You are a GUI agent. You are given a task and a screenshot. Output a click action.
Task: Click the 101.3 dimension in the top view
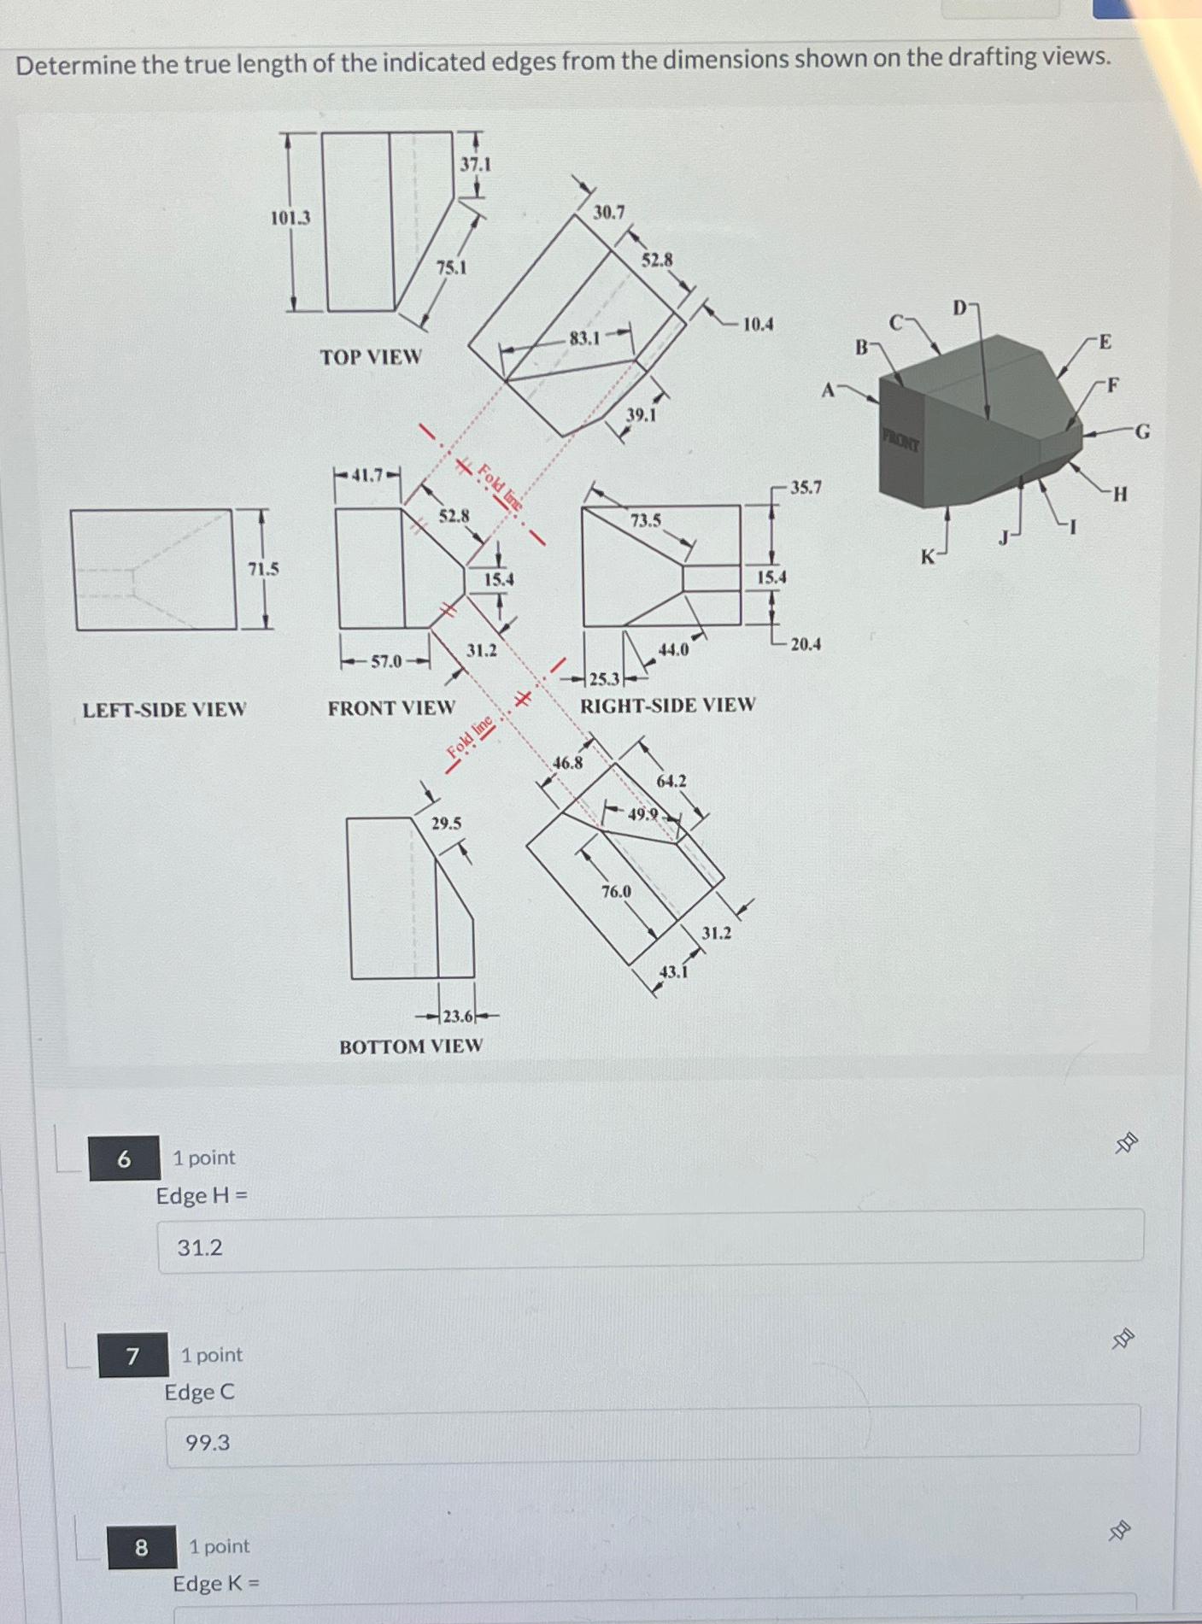tap(290, 218)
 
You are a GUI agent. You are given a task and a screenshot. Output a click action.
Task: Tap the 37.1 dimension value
tap(476, 163)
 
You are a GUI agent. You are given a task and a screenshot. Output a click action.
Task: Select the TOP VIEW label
tap(371, 356)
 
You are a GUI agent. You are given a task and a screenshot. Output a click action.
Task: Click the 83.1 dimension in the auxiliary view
tap(585, 338)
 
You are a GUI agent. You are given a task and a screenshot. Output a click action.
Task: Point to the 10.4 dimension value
tap(758, 325)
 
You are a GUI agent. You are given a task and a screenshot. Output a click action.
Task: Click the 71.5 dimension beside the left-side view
tap(263, 569)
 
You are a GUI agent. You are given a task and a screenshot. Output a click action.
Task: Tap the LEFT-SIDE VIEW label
tap(164, 710)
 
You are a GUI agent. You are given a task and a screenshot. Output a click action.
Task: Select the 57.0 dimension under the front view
tap(386, 661)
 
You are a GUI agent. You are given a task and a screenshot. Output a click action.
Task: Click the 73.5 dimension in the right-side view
tap(645, 520)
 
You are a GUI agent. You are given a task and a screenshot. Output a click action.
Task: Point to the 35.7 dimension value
tap(806, 488)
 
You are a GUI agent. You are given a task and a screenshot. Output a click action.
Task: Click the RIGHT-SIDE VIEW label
tap(668, 706)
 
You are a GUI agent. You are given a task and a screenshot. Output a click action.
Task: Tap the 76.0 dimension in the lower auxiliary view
tap(616, 892)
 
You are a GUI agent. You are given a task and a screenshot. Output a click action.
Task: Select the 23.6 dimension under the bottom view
tap(458, 1017)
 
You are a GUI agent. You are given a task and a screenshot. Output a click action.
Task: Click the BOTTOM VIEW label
tap(411, 1047)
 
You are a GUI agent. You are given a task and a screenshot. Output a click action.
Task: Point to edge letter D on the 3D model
tap(960, 308)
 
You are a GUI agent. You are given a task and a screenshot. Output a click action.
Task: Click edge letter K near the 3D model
tap(928, 558)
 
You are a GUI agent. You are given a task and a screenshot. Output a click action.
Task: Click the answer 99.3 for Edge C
tap(208, 1443)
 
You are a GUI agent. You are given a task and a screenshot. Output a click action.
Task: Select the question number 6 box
tap(124, 1158)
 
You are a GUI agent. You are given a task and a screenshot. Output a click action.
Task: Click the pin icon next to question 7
tap(1123, 1340)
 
